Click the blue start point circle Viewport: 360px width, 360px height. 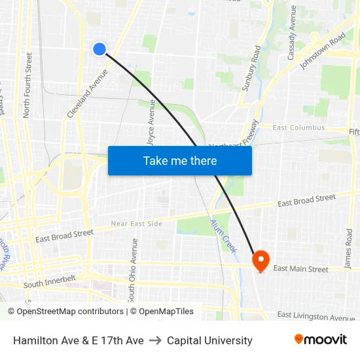pyautogui.click(x=99, y=48)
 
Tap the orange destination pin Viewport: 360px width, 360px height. pyautogui.click(x=261, y=261)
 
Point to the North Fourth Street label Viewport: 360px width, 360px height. pyautogui.click(x=27, y=86)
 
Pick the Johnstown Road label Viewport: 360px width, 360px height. pyautogui.click(x=323, y=52)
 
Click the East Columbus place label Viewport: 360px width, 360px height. pyautogui.click(x=298, y=128)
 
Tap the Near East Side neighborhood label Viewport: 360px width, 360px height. pyautogui.click(x=136, y=224)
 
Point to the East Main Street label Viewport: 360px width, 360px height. pyautogui.click(x=300, y=268)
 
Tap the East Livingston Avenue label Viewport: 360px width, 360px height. pyautogui.click(x=315, y=317)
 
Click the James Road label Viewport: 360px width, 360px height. pyautogui.click(x=348, y=249)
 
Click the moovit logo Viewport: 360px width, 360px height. pyautogui.click(x=320, y=340)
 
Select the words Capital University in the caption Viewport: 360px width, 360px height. pyautogui.click(x=209, y=340)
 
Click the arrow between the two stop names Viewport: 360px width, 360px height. pyautogui.click(x=155, y=340)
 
